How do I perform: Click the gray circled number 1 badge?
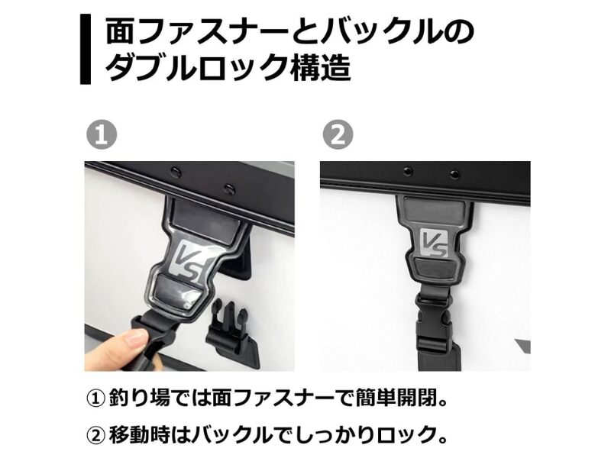pos(102,134)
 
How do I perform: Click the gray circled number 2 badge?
pos(338,134)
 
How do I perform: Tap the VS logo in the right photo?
pos(435,244)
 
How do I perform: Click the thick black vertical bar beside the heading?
pos(86,49)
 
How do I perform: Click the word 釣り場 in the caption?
pos(139,398)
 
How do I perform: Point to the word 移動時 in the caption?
pos(139,435)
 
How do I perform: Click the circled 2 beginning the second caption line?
pos(96,435)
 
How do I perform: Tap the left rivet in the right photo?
pos(408,170)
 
